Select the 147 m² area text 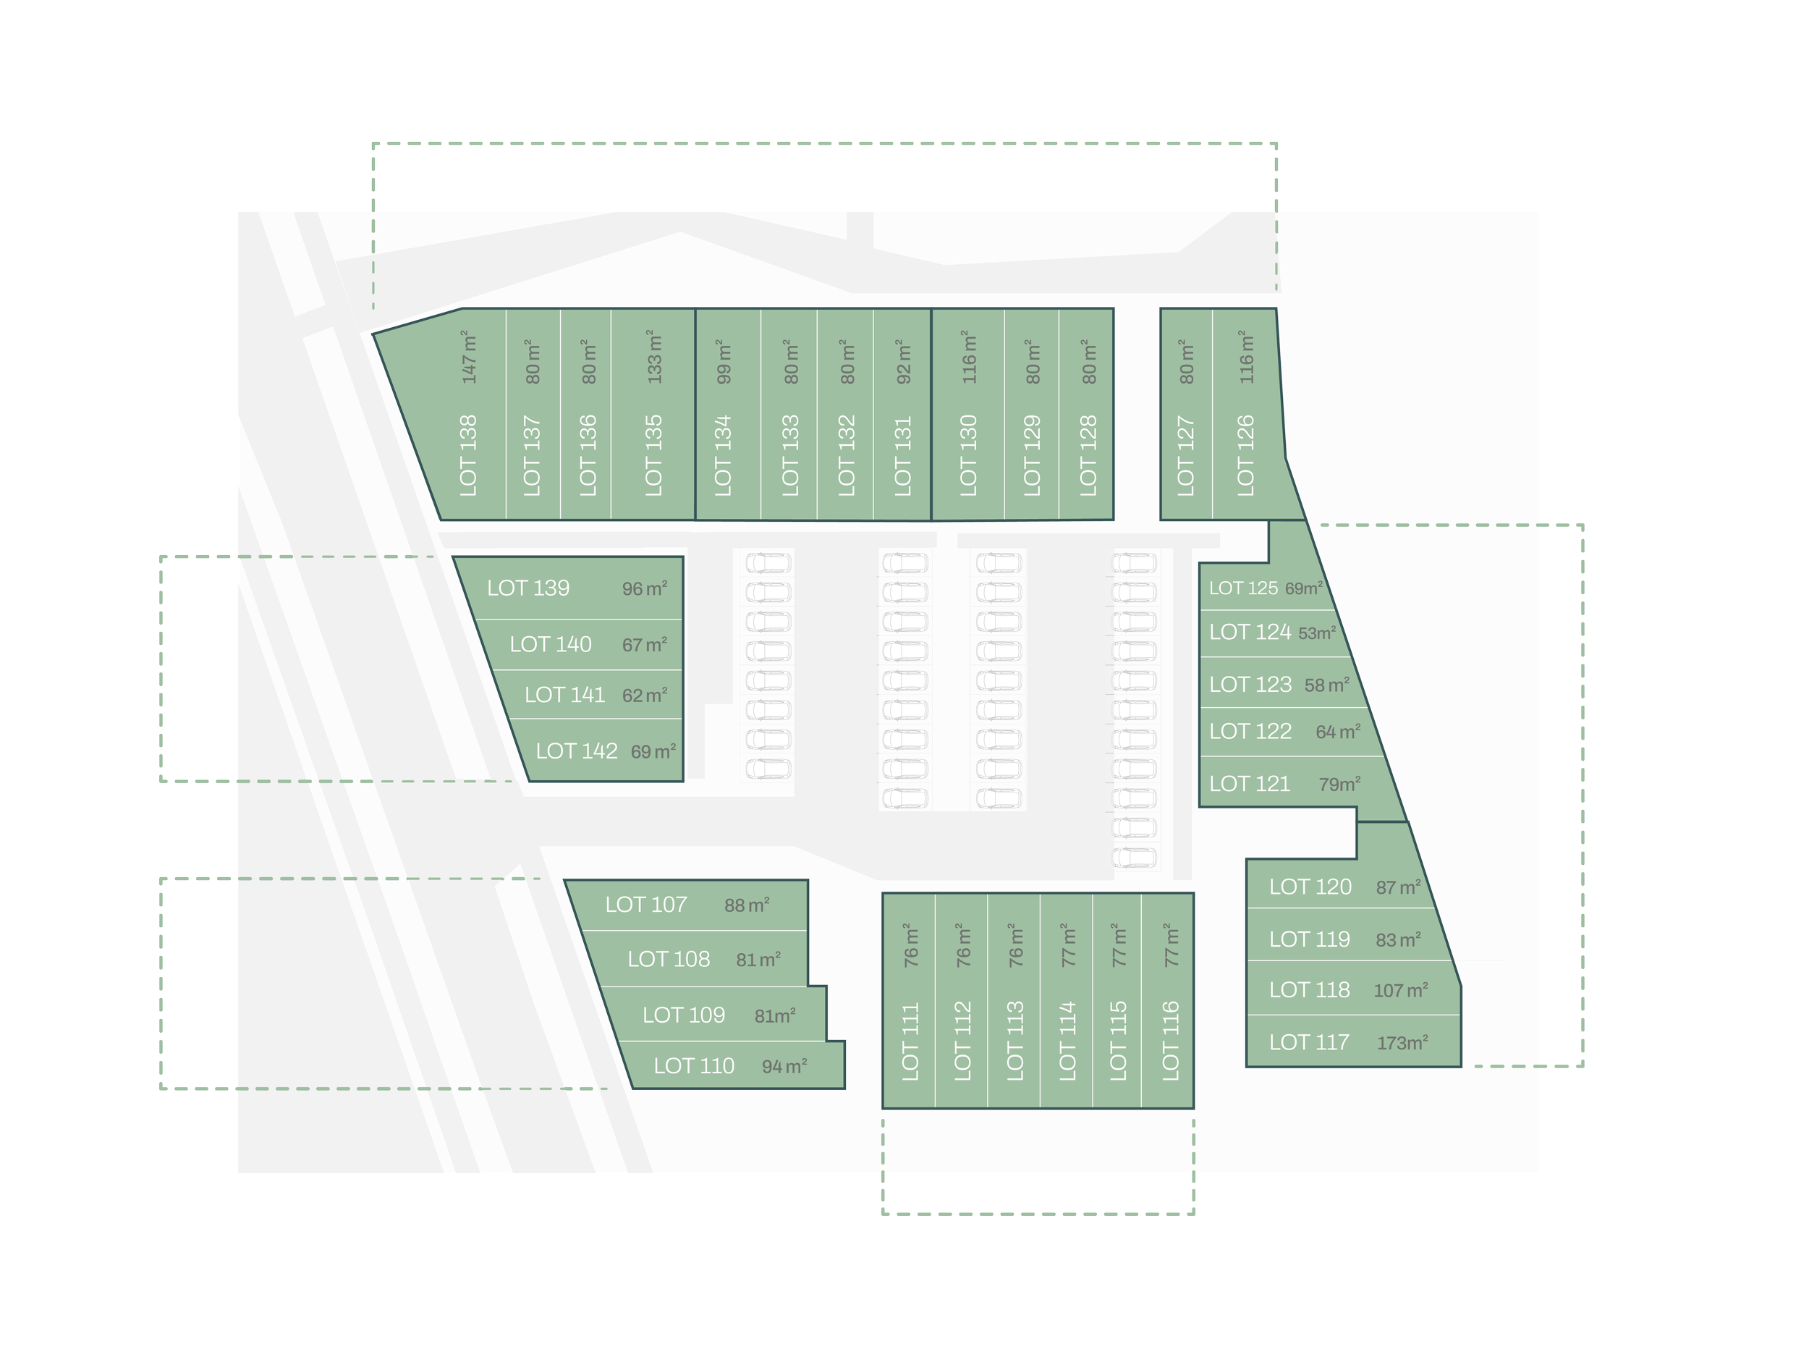tap(469, 358)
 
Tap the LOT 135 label tap(653, 456)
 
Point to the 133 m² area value tap(653, 358)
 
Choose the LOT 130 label tap(968, 456)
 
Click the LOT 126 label tap(1245, 456)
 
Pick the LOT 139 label tap(528, 588)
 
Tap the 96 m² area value tap(645, 589)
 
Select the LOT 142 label tap(577, 751)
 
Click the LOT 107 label tap(646, 905)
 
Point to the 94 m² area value tap(784, 1067)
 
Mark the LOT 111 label tap(910, 1041)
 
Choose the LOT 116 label tap(1171, 1041)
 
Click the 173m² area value tap(1402, 1043)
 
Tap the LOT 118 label tap(1309, 990)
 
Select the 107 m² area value tap(1401, 991)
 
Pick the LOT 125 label tap(1243, 588)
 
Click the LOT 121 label tap(1249, 784)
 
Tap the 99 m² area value tap(723, 362)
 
